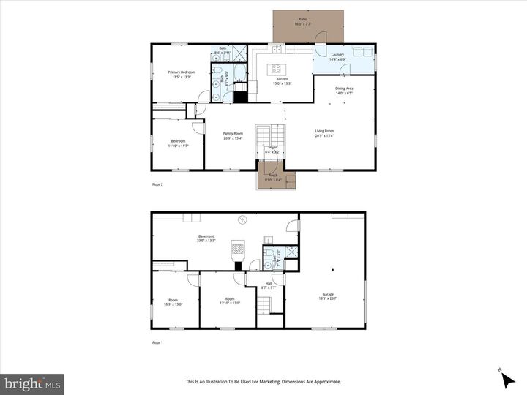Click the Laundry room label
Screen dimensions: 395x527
tap(337, 54)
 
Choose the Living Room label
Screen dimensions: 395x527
tap(324, 133)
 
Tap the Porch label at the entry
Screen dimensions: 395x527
tap(272, 177)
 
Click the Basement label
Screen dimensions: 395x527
tap(206, 237)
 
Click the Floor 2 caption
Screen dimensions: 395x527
tap(157, 184)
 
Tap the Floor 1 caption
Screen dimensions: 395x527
tap(157, 342)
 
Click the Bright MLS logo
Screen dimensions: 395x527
tap(32, 383)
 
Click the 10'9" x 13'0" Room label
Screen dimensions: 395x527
tap(173, 301)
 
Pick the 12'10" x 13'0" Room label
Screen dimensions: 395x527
tap(230, 301)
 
